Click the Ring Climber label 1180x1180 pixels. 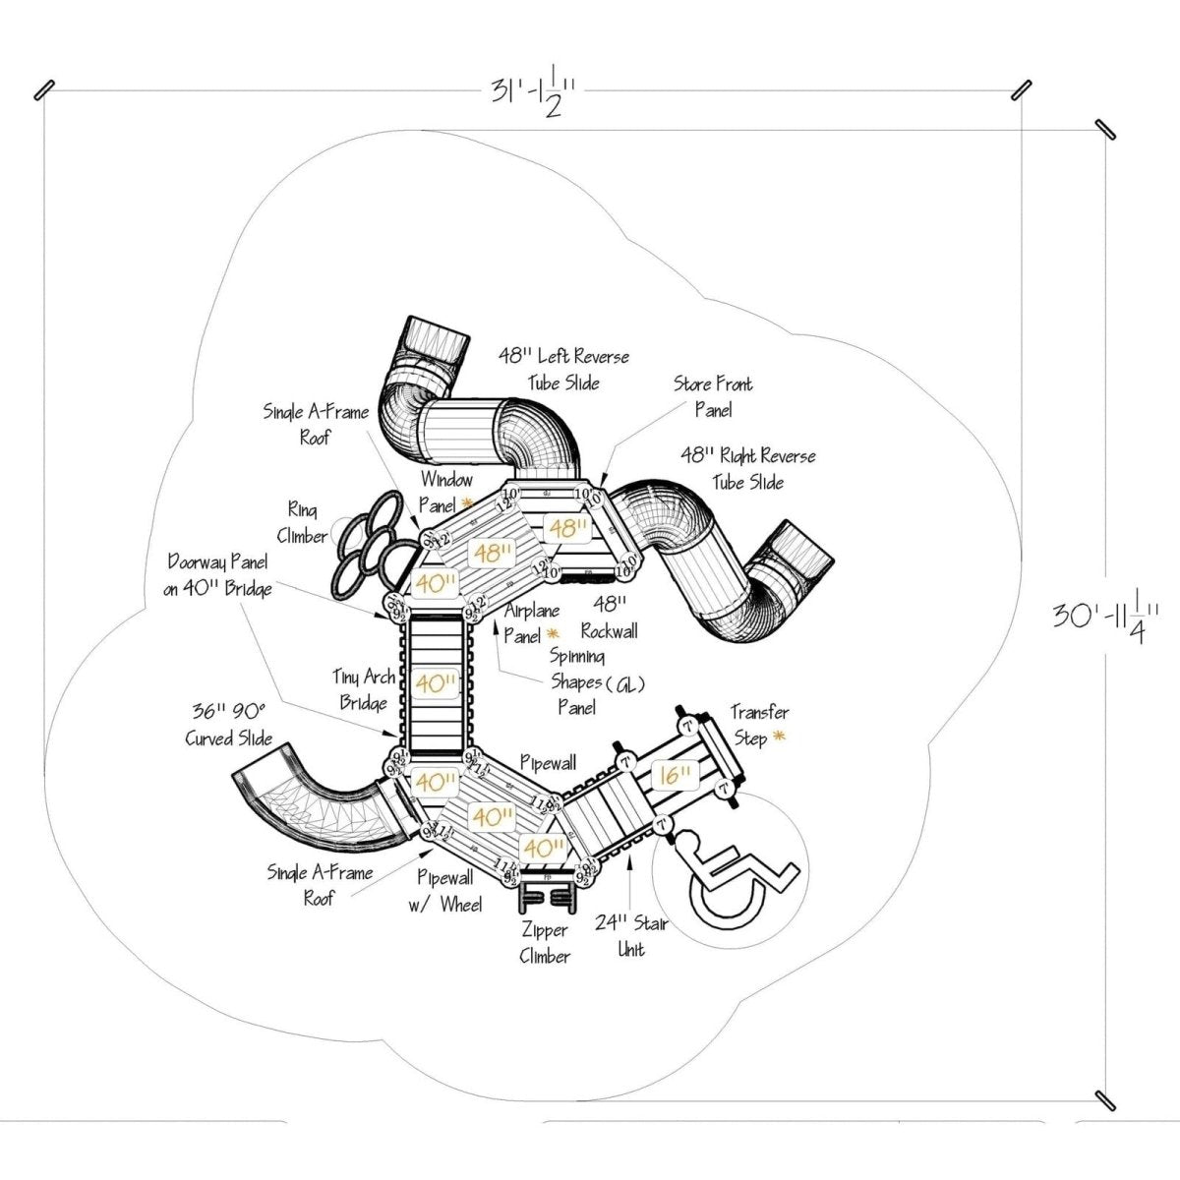307,522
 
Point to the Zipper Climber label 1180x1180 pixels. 544,942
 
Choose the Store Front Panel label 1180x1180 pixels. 713,395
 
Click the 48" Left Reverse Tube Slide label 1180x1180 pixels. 563,368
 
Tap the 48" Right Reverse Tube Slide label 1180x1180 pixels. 748,468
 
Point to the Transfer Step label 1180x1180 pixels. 758,725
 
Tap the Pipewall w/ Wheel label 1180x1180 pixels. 448,891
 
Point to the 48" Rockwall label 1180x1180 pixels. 611,619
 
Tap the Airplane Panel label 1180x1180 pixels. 531,622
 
